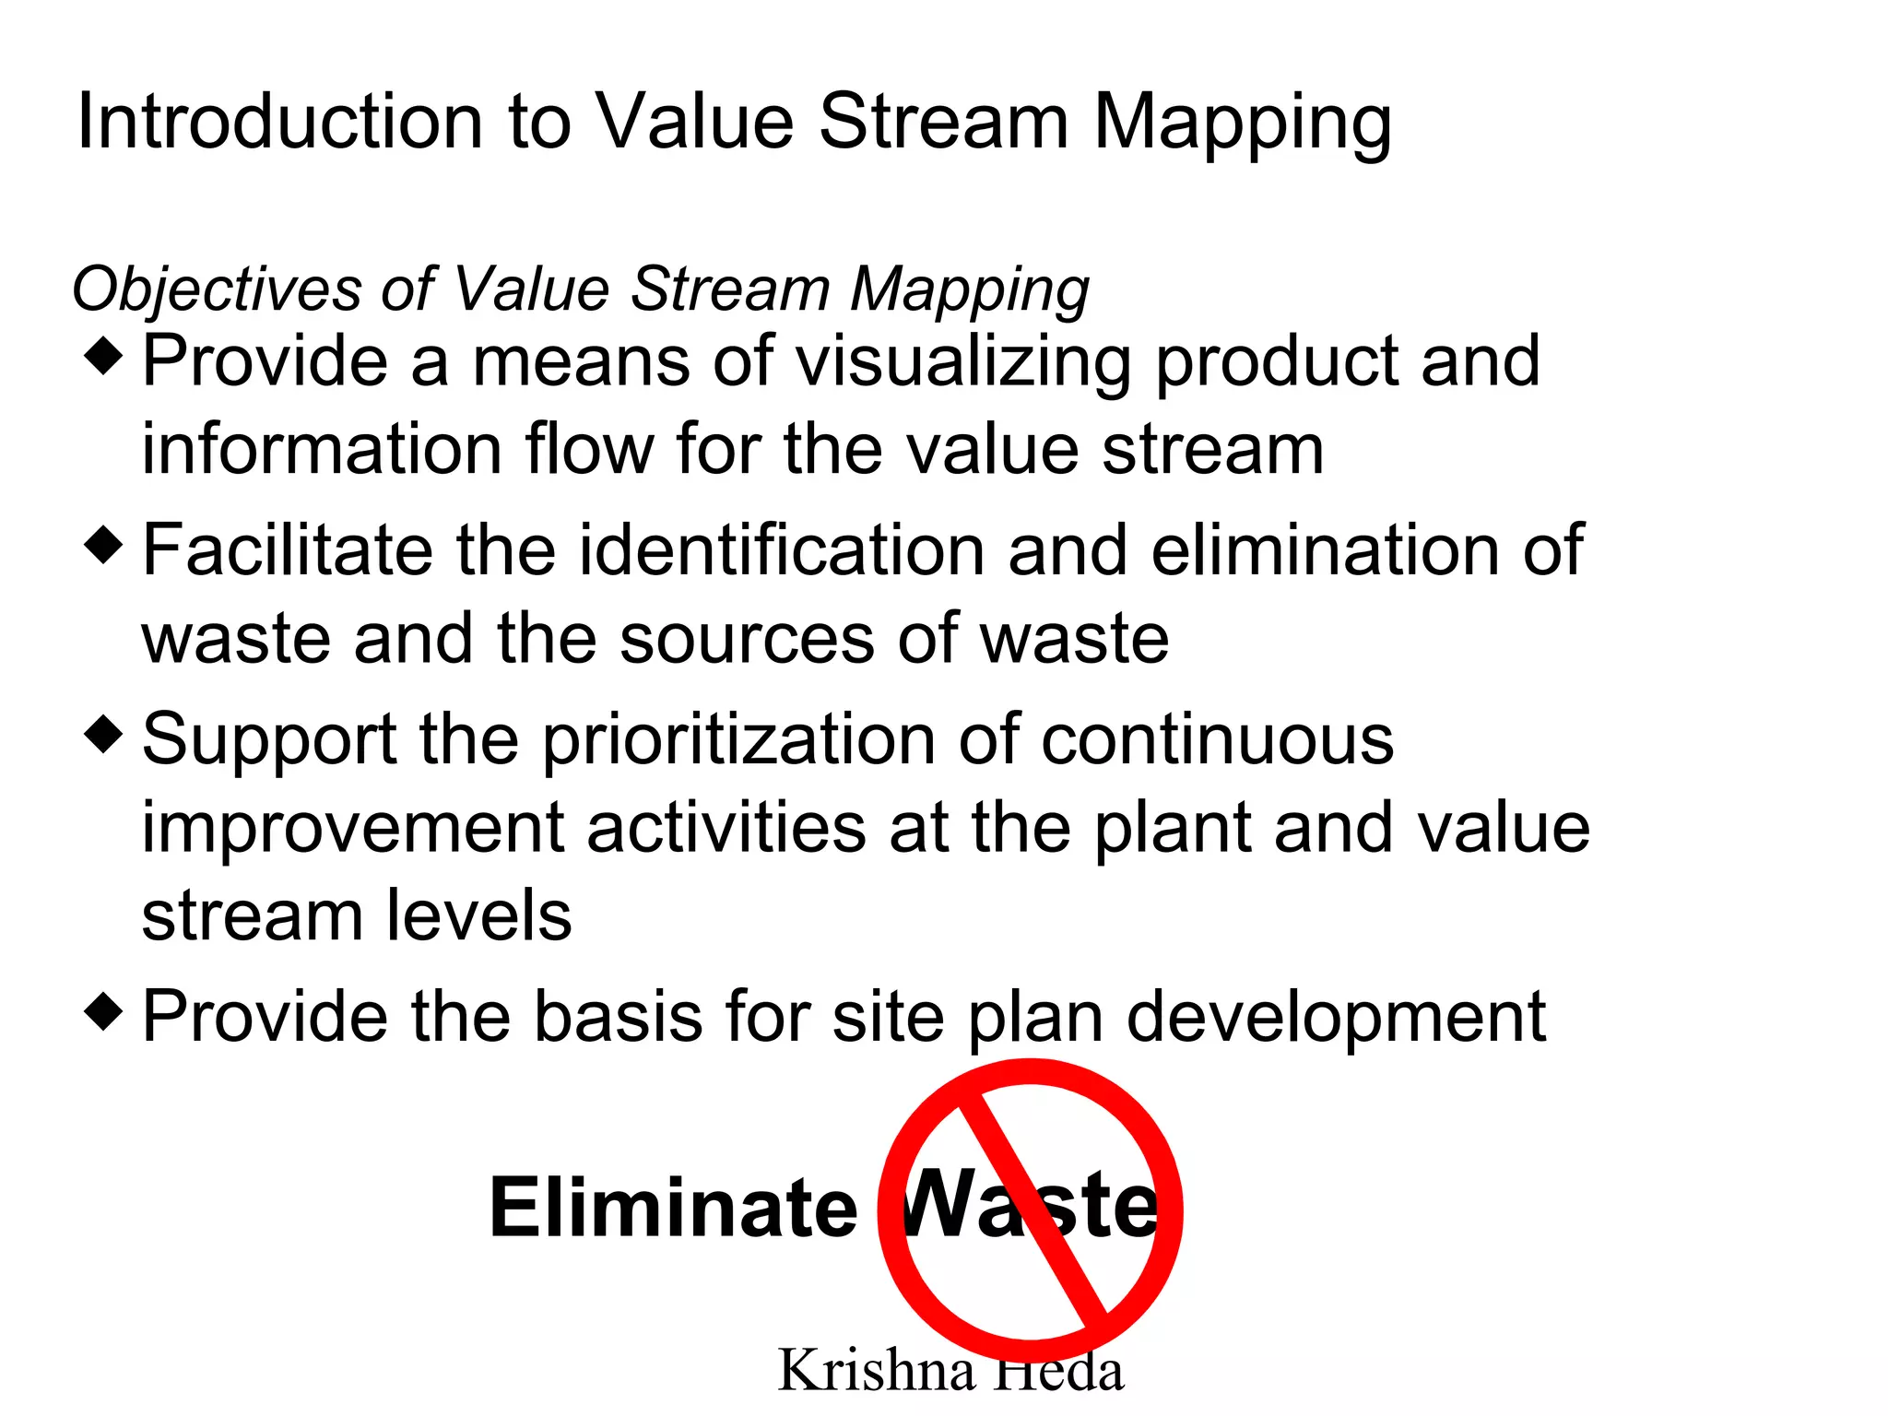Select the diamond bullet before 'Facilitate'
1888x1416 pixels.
pos(103,545)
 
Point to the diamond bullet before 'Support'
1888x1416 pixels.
pos(103,734)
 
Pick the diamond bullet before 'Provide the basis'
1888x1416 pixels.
pos(103,1011)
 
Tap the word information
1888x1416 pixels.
pos(321,450)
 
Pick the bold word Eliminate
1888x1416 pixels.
pos(673,1208)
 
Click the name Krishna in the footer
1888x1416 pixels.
pos(876,1371)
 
